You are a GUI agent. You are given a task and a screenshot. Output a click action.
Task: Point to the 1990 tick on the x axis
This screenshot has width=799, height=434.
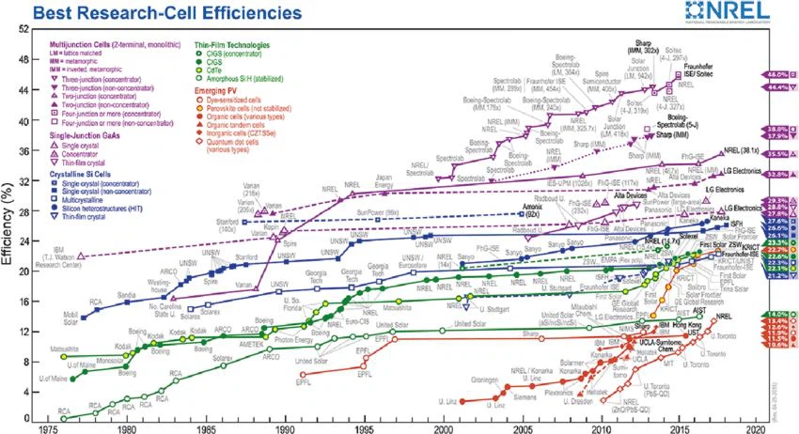point(285,424)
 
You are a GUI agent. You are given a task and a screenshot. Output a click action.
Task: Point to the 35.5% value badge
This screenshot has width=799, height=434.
point(776,153)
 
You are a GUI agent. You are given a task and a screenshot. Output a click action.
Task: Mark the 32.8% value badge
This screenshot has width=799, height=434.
point(776,174)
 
